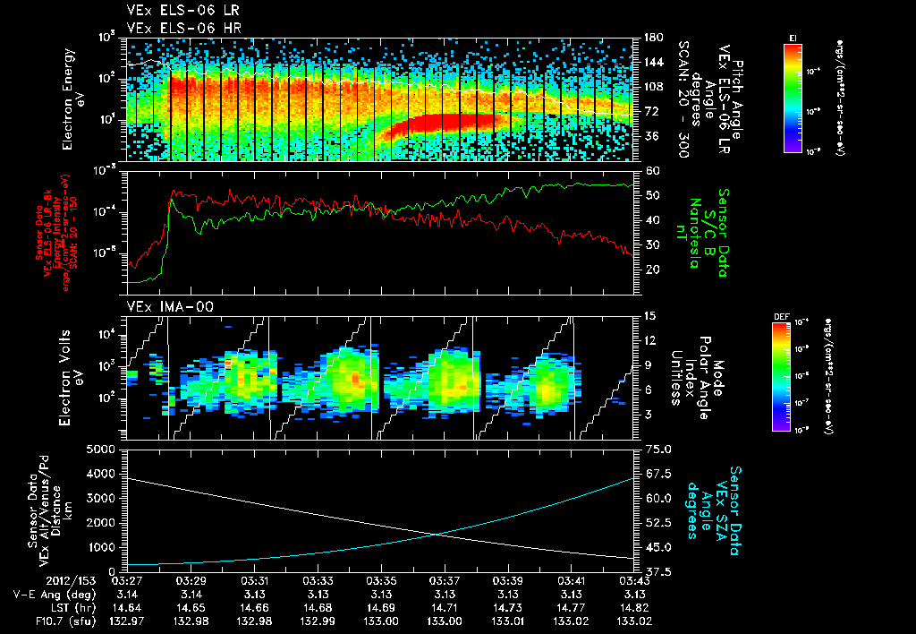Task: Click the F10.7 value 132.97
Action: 129,620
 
